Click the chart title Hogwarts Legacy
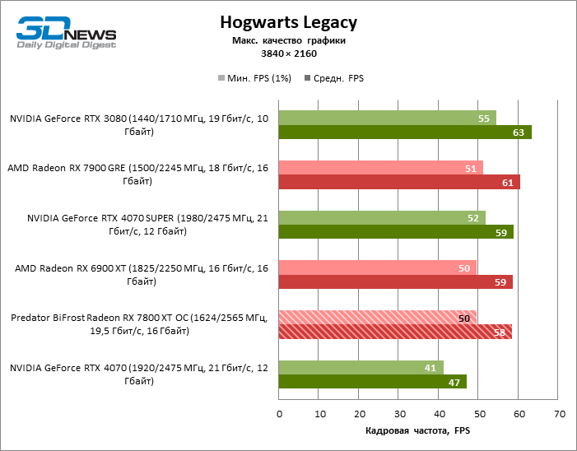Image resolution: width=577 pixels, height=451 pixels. (288, 21)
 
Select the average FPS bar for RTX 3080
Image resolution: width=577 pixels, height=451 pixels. (405, 132)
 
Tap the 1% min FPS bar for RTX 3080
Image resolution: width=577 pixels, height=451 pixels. (387, 118)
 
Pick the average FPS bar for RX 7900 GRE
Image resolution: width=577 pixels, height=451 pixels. (399, 182)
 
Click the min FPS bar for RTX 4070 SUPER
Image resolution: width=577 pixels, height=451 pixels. (382, 217)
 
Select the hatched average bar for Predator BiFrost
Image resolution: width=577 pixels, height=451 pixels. (395, 332)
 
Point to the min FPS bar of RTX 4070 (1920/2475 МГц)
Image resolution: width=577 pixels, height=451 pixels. (361, 367)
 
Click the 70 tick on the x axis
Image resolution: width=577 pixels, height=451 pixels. (559, 413)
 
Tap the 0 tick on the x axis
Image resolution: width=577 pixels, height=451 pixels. (280, 413)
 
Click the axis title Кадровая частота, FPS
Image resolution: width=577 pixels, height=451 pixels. (417, 430)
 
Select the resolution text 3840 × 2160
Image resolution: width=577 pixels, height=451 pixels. (288, 53)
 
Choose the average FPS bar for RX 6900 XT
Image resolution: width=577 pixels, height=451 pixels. (395, 282)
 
